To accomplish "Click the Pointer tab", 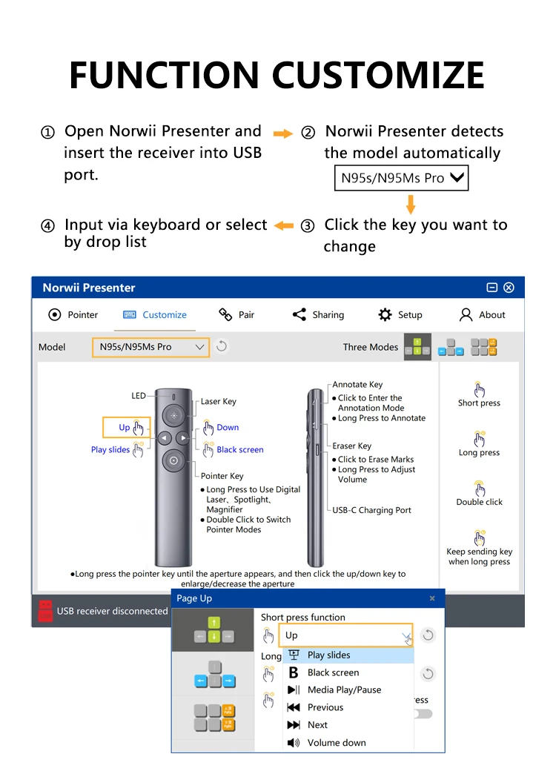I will pos(73,314).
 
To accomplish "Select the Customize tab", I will pos(155,314).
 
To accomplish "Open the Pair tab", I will pos(237,314).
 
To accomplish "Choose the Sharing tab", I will pos(319,314).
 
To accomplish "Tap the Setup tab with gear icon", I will pos(400,314).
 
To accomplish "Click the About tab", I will pos(483,314).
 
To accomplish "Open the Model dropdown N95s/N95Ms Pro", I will pos(150,347).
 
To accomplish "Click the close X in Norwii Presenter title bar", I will pos(509,288).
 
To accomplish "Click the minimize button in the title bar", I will pos(492,288).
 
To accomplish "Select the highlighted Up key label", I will pos(125,427).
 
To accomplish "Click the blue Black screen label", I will pos(239,449).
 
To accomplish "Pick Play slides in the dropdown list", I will pos(328,655).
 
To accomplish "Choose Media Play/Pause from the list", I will pos(344,689).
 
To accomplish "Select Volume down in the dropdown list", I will pos(337,742).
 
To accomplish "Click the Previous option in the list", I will pos(325,707).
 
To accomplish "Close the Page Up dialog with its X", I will pos(432,598).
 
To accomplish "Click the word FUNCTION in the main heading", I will pos(165,75).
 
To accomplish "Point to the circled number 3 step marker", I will pos(307,226).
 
